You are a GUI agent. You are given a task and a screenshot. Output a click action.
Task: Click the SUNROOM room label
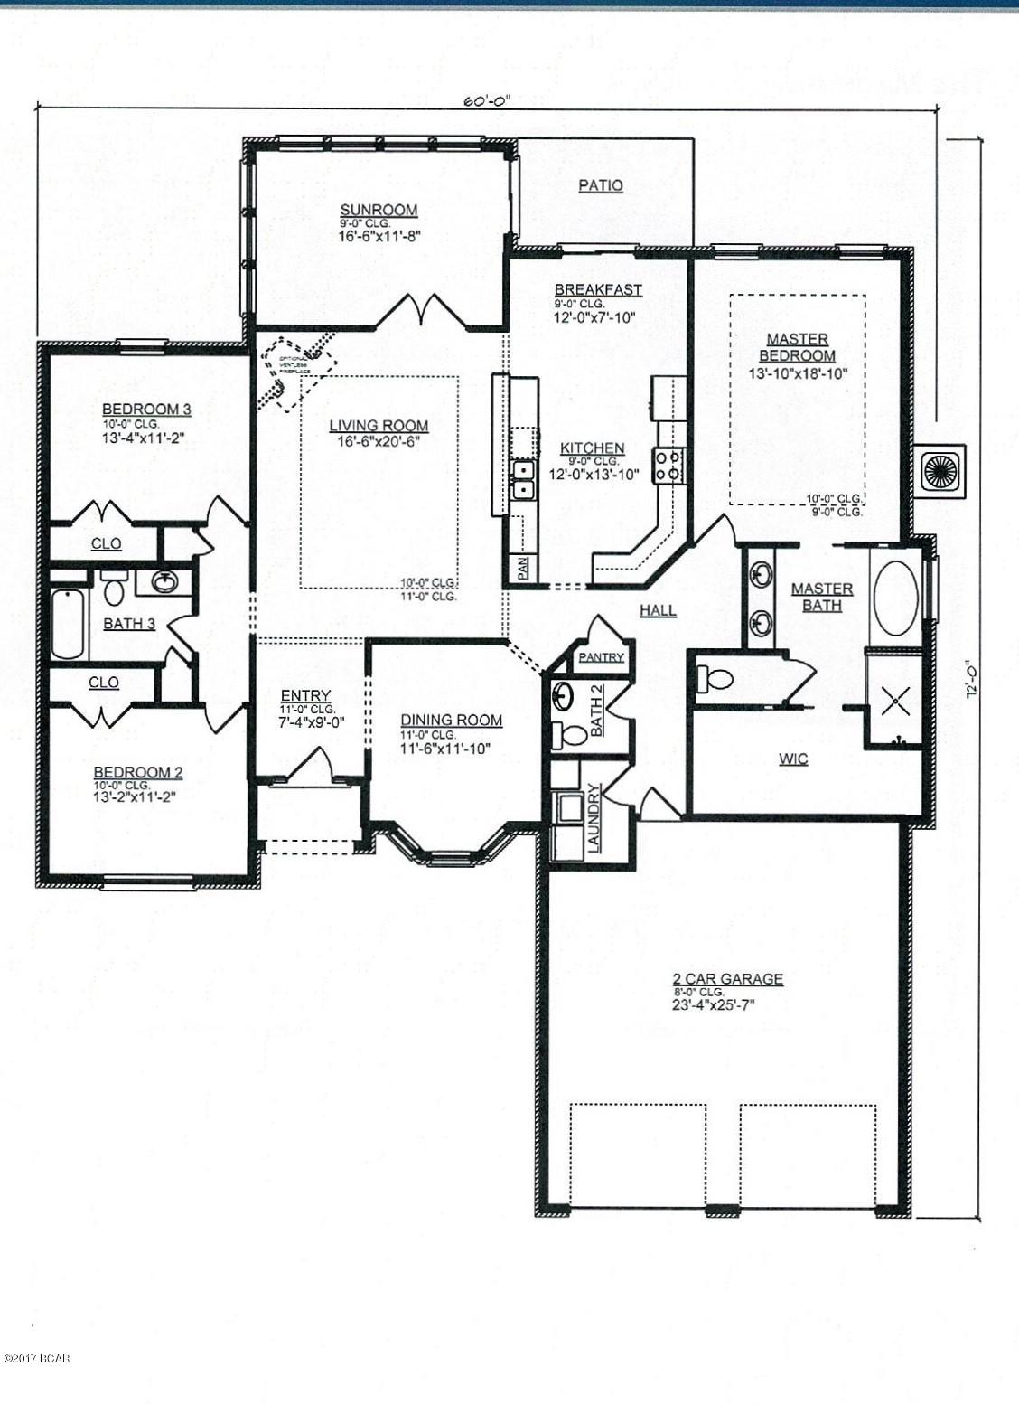[x=379, y=210]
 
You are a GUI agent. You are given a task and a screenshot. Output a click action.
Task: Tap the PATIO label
[x=601, y=185]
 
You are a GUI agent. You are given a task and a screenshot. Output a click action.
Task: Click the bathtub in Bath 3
[x=68, y=624]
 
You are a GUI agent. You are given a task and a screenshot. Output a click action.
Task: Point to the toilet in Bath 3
[x=114, y=589]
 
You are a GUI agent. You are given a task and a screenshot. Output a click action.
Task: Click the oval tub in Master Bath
[x=894, y=598]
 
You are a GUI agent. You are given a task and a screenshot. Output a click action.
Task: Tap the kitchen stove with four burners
[x=668, y=466]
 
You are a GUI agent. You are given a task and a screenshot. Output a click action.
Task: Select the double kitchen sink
[x=522, y=480]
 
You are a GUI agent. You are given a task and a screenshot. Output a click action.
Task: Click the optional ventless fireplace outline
[x=297, y=371]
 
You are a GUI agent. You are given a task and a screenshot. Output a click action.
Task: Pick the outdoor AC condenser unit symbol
[x=939, y=470]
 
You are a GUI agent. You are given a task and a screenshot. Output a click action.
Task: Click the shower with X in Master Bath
[x=894, y=699]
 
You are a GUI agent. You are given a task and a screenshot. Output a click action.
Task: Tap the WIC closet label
[x=793, y=759]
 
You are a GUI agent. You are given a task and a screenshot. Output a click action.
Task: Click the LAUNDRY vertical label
[x=594, y=817]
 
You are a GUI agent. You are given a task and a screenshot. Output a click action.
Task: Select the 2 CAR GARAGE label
[x=727, y=978]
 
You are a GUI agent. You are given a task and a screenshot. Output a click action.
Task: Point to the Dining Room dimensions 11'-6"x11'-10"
[x=451, y=748]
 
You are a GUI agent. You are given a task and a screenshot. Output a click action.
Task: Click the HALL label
[x=658, y=610]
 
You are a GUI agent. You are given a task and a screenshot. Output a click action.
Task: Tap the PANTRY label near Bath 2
[x=601, y=657]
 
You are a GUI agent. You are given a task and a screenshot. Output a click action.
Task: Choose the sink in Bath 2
[x=563, y=697]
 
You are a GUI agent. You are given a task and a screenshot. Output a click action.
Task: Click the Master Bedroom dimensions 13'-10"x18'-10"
[x=798, y=372]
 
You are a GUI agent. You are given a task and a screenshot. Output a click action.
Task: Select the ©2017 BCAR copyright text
[x=36, y=1358]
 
